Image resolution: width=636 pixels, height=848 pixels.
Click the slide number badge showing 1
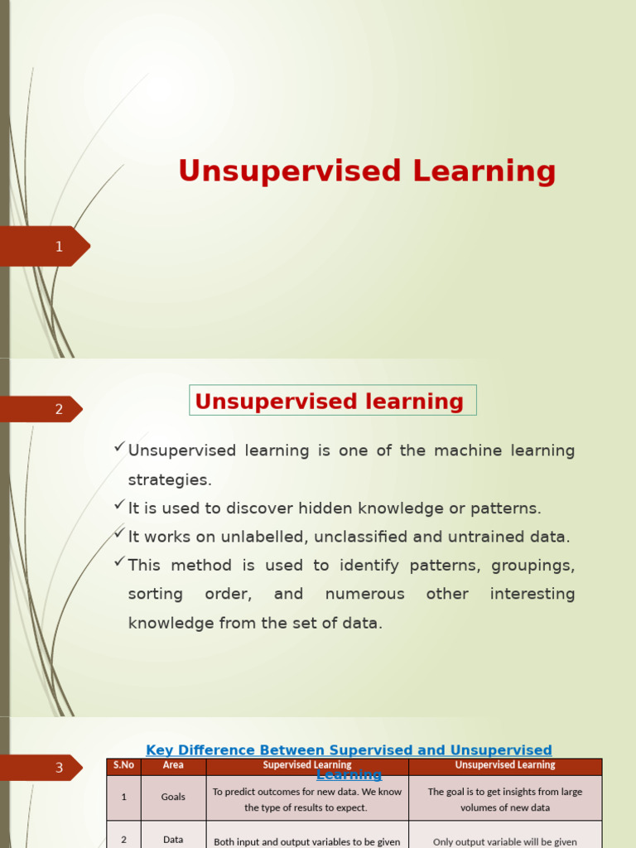click(58, 246)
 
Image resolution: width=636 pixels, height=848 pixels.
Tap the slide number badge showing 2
click(58, 409)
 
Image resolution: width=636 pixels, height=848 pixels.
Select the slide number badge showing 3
click(58, 768)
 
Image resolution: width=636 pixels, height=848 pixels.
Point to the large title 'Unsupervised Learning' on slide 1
click(367, 171)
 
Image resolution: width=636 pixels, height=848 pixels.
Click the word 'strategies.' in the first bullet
click(170, 479)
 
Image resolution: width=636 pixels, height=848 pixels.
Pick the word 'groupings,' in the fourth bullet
click(532, 566)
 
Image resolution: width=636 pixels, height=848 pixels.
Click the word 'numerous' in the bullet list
click(364, 594)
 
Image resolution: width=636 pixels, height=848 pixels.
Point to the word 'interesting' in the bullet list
click(532, 594)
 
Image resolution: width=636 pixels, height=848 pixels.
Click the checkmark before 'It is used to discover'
click(119, 505)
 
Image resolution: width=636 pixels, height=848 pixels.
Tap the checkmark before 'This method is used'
click(119, 562)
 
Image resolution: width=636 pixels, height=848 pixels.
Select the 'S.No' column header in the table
click(123, 765)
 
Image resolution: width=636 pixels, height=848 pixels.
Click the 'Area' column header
click(173, 765)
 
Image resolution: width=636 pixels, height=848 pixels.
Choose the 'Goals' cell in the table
click(173, 797)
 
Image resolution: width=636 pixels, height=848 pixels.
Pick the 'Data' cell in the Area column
click(173, 839)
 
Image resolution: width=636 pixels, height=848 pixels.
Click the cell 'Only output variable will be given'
click(504, 841)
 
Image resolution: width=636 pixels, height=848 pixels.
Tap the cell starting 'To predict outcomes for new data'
click(306, 799)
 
